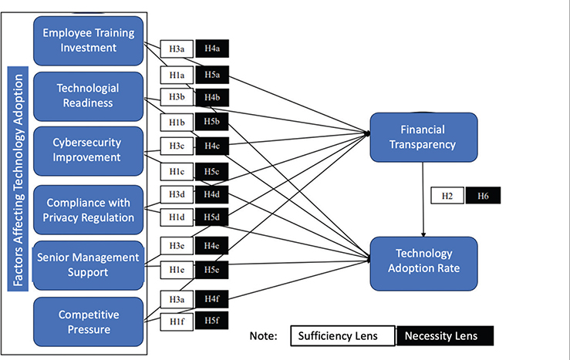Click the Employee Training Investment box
coord(88,40)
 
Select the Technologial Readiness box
coord(88,96)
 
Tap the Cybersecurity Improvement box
coord(88,150)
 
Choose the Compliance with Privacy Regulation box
coord(88,210)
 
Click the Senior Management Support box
coord(88,264)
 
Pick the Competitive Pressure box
coord(88,321)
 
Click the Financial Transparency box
coord(423,136)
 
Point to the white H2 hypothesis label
coord(447,197)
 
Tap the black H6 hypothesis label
coord(483,197)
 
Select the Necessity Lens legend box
coord(444,336)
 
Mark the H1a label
coord(177,75)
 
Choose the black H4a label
coord(211,49)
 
